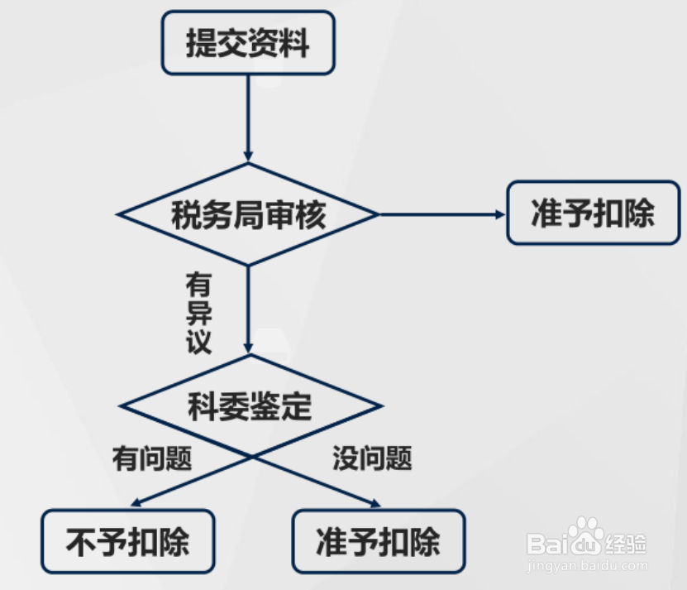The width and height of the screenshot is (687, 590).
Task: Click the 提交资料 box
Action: (x=248, y=43)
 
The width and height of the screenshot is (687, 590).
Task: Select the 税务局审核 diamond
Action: (x=248, y=215)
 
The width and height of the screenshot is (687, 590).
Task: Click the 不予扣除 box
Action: (x=128, y=542)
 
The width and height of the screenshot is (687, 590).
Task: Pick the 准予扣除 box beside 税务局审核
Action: (x=593, y=213)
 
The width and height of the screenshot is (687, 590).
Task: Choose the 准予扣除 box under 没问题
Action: (x=379, y=542)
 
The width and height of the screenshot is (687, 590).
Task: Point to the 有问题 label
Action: (x=152, y=458)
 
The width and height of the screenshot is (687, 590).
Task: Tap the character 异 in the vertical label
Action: (x=198, y=314)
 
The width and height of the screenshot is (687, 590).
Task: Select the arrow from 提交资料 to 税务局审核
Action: (x=248, y=116)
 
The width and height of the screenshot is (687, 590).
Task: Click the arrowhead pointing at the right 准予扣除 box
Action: (x=499, y=214)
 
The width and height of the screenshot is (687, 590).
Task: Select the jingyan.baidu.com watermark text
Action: (x=587, y=567)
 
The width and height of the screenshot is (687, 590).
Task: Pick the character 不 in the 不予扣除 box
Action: (x=81, y=543)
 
